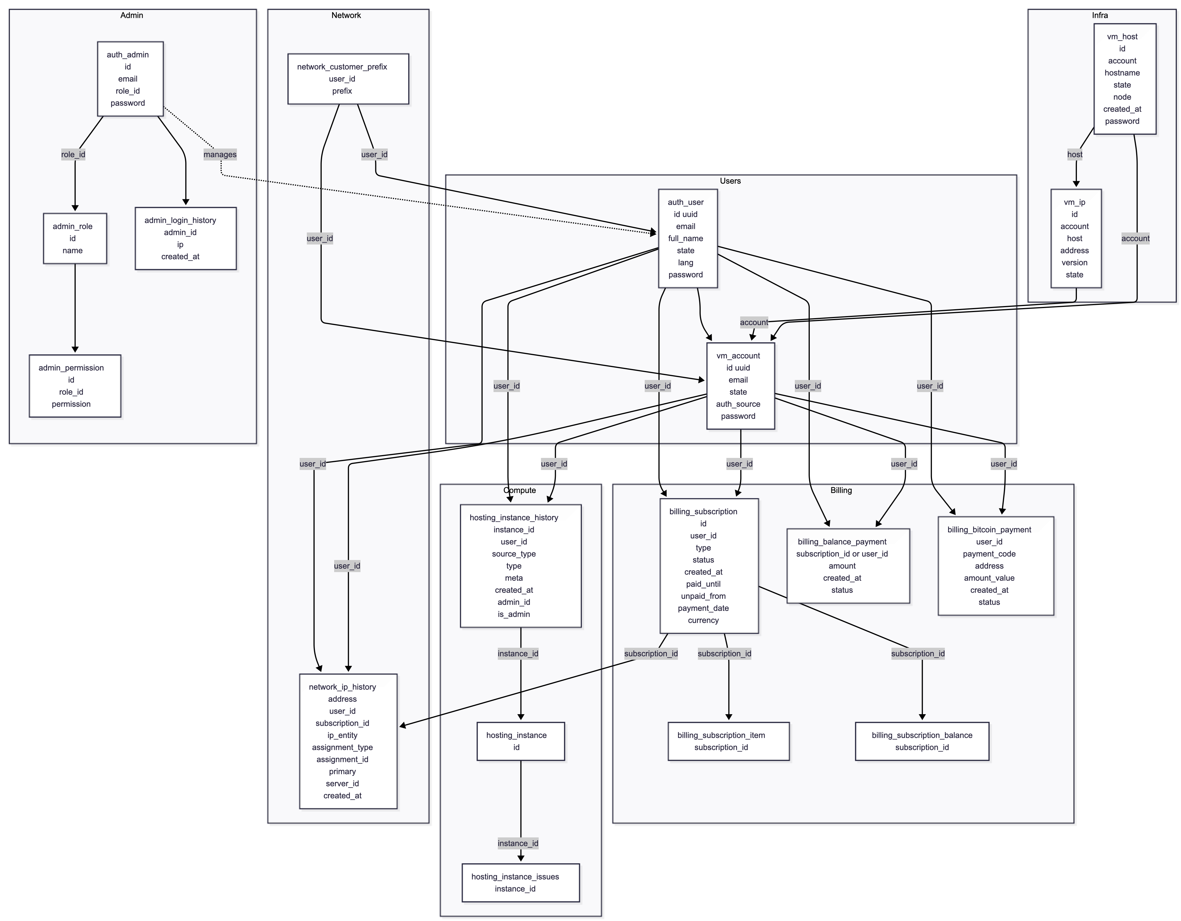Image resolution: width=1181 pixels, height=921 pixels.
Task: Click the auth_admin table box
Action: click(130, 79)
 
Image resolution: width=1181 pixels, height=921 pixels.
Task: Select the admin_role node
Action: click(75, 238)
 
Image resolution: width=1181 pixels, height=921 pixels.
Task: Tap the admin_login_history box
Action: click(185, 238)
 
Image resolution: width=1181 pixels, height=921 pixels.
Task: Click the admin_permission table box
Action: click(75, 386)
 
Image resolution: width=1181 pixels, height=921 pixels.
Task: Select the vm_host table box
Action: click(1125, 79)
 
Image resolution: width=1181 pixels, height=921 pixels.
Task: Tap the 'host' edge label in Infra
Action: click(1075, 155)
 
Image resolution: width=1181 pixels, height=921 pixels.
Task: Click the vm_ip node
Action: click(1075, 238)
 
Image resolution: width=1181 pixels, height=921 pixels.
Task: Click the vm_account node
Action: click(740, 386)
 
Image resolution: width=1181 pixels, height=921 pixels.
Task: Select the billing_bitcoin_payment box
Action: click(996, 566)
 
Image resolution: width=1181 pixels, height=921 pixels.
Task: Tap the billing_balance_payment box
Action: click(848, 566)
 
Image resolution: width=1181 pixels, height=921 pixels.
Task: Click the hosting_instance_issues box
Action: click(520, 883)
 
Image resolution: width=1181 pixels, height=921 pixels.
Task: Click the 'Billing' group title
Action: click(841, 490)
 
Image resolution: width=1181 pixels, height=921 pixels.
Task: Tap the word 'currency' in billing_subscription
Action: click(703, 620)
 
